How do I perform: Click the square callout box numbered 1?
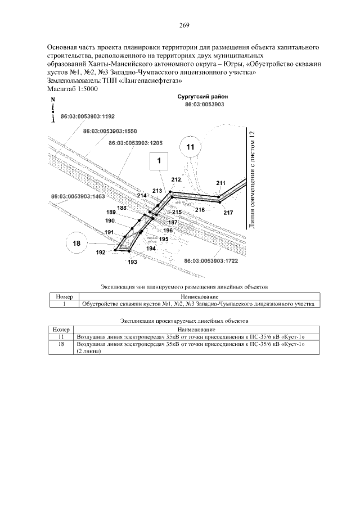click(x=159, y=161)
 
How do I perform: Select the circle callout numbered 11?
click(x=190, y=146)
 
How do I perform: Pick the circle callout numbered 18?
click(x=77, y=244)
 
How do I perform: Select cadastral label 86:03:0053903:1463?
click(x=78, y=197)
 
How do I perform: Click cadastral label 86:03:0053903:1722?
click(x=212, y=261)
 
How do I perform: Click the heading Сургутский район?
click(x=202, y=97)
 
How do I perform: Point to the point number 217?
click(x=228, y=213)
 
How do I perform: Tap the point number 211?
click(x=220, y=183)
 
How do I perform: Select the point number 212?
click(x=176, y=179)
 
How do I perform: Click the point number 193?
click(x=133, y=262)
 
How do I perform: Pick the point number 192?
click(x=101, y=253)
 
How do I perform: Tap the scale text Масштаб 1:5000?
click(x=73, y=89)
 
